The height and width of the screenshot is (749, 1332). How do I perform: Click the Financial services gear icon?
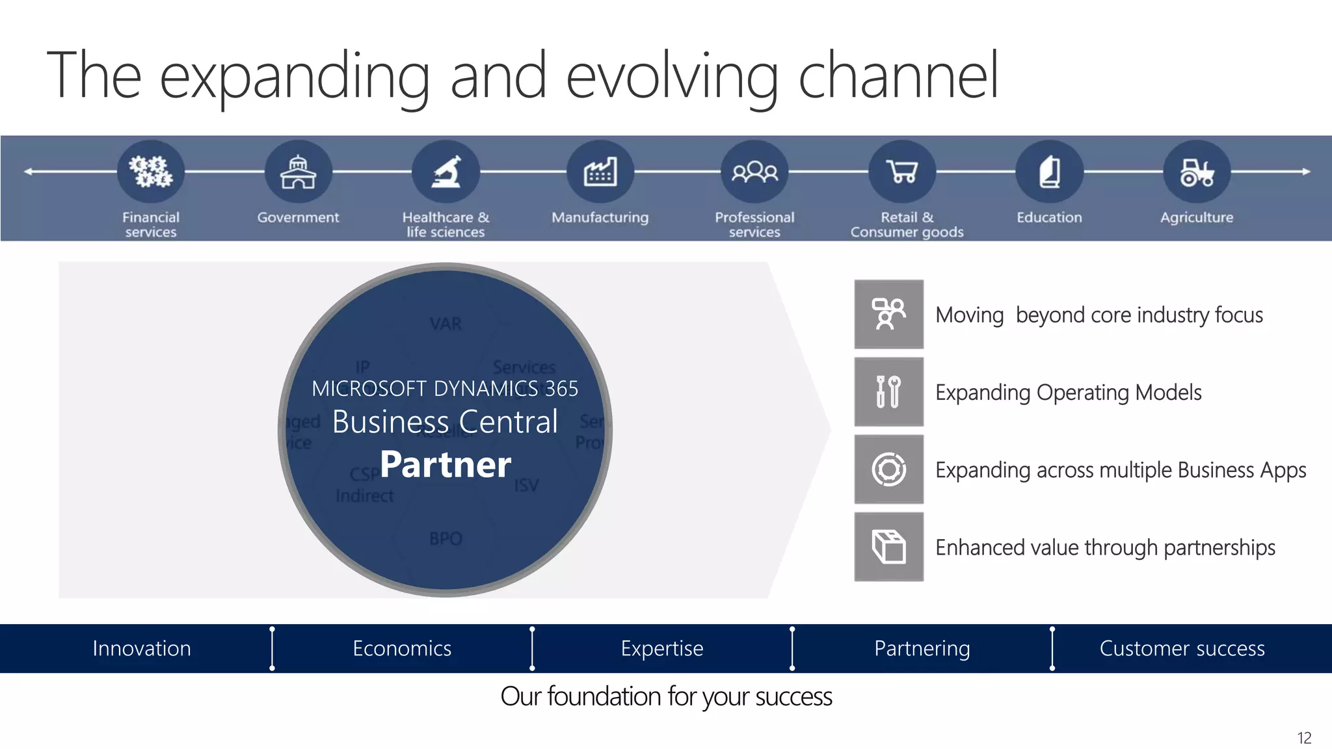(151, 172)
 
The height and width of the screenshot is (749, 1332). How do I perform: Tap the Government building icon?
(298, 172)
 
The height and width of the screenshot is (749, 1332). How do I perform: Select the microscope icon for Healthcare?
(446, 172)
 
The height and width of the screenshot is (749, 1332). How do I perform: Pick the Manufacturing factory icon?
(600, 172)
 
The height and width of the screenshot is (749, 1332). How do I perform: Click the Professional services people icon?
(754, 172)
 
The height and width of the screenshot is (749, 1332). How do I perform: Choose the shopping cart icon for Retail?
(903, 172)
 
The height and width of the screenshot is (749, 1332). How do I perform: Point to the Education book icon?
(1049, 172)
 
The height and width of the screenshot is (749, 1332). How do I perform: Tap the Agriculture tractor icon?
(1197, 172)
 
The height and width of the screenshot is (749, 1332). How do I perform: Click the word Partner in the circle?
(446, 464)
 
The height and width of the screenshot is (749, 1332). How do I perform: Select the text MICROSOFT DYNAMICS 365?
(445, 389)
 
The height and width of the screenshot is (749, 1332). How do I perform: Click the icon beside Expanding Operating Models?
(888, 392)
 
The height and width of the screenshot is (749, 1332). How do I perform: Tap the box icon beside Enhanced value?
(888, 547)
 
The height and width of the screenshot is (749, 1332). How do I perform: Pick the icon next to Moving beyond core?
(888, 315)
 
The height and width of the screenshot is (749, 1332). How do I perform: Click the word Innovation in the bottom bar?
(142, 648)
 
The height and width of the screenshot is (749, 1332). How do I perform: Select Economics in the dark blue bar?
(402, 648)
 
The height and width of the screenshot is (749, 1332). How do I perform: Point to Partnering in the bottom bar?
(922, 648)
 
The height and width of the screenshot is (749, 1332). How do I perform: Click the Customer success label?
(1182, 648)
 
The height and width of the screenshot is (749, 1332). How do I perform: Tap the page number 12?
(1304, 738)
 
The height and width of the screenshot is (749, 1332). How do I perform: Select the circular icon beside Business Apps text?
(888, 469)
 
